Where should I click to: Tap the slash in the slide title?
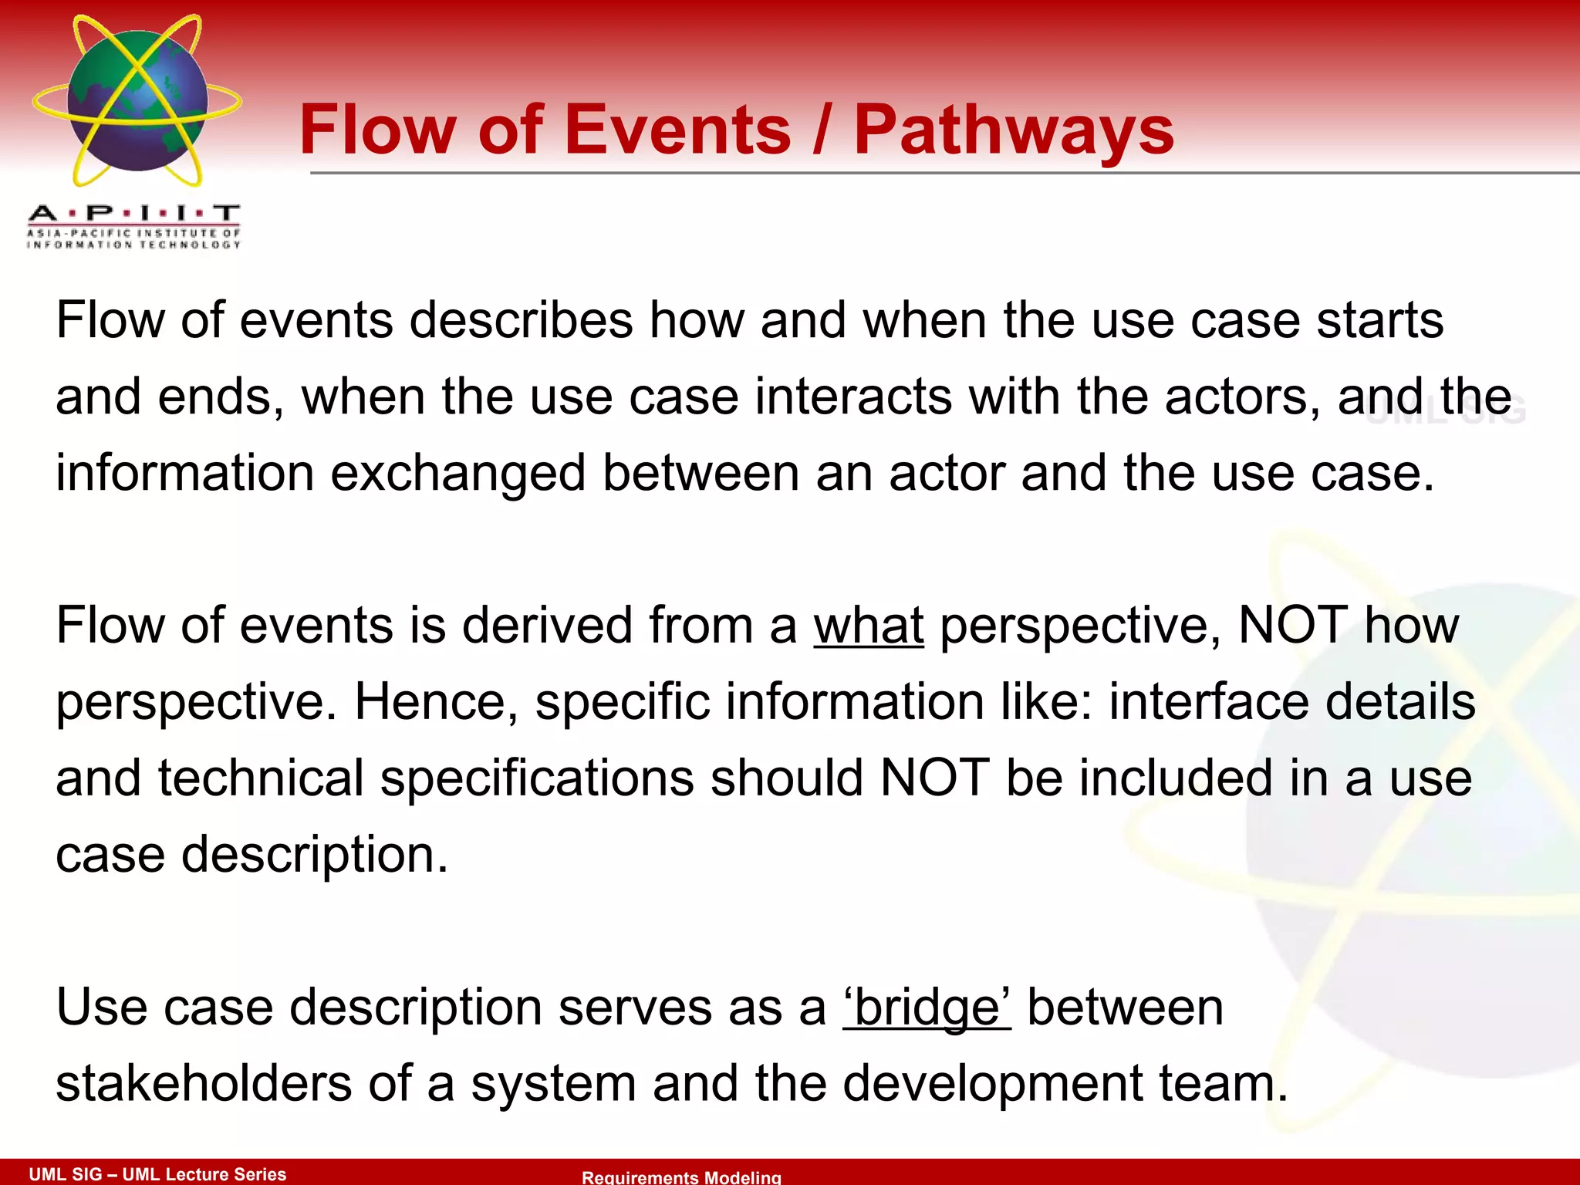pos(822,130)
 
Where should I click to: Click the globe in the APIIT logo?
pos(137,101)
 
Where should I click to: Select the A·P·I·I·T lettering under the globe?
pos(134,214)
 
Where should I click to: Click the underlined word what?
pos(869,625)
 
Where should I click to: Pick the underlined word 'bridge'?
pos(927,1008)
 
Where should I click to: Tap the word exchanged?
pos(457,473)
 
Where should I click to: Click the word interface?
pos(1208,702)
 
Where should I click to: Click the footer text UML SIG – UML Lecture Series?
pos(157,1174)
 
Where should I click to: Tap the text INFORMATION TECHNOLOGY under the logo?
pos(134,245)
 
